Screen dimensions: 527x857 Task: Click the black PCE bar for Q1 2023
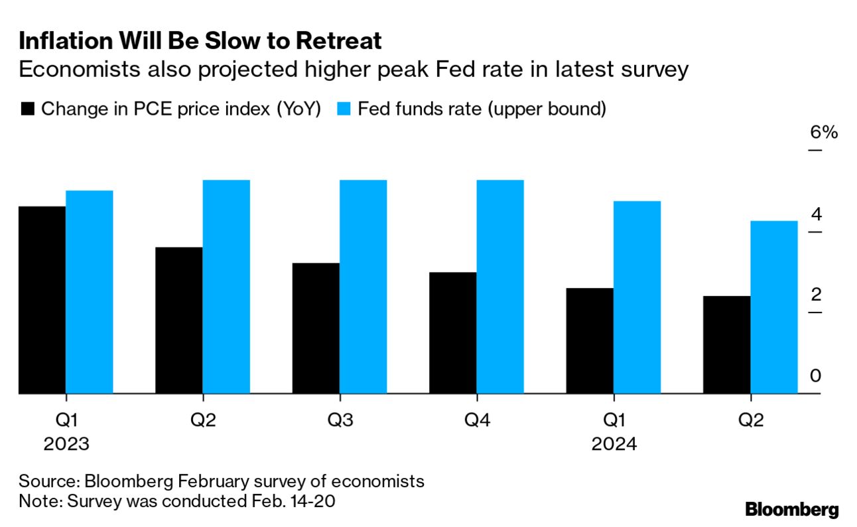pyautogui.click(x=42, y=300)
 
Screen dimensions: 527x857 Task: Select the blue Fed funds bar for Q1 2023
pyautogui.click(x=90, y=292)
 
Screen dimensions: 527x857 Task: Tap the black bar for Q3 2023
pyautogui.click(x=316, y=329)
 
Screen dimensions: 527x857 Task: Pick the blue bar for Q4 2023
pyautogui.click(x=500, y=287)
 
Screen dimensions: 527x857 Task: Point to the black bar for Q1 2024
pyautogui.click(x=590, y=341)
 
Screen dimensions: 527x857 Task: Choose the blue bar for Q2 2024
pyautogui.click(x=774, y=307)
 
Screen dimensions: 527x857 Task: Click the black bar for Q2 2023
pyautogui.click(x=179, y=321)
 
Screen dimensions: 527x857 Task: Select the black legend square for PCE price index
pyautogui.click(x=27, y=110)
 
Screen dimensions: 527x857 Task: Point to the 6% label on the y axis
pyautogui.click(x=824, y=132)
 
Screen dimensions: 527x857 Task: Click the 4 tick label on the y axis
pyautogui.click(x=816, y=214)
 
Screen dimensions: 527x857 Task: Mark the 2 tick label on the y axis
pyautogui.click(x=816, y=295)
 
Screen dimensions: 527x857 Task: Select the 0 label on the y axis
pyautogui.click(x=816, y=376)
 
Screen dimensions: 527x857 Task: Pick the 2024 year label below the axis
pyautogui.click(x=614, y=443)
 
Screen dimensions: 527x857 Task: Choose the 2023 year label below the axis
pyautogui.click(x=66, y=443)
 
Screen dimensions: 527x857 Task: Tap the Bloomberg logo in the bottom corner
pyautogui.click(x=792, y=510)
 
